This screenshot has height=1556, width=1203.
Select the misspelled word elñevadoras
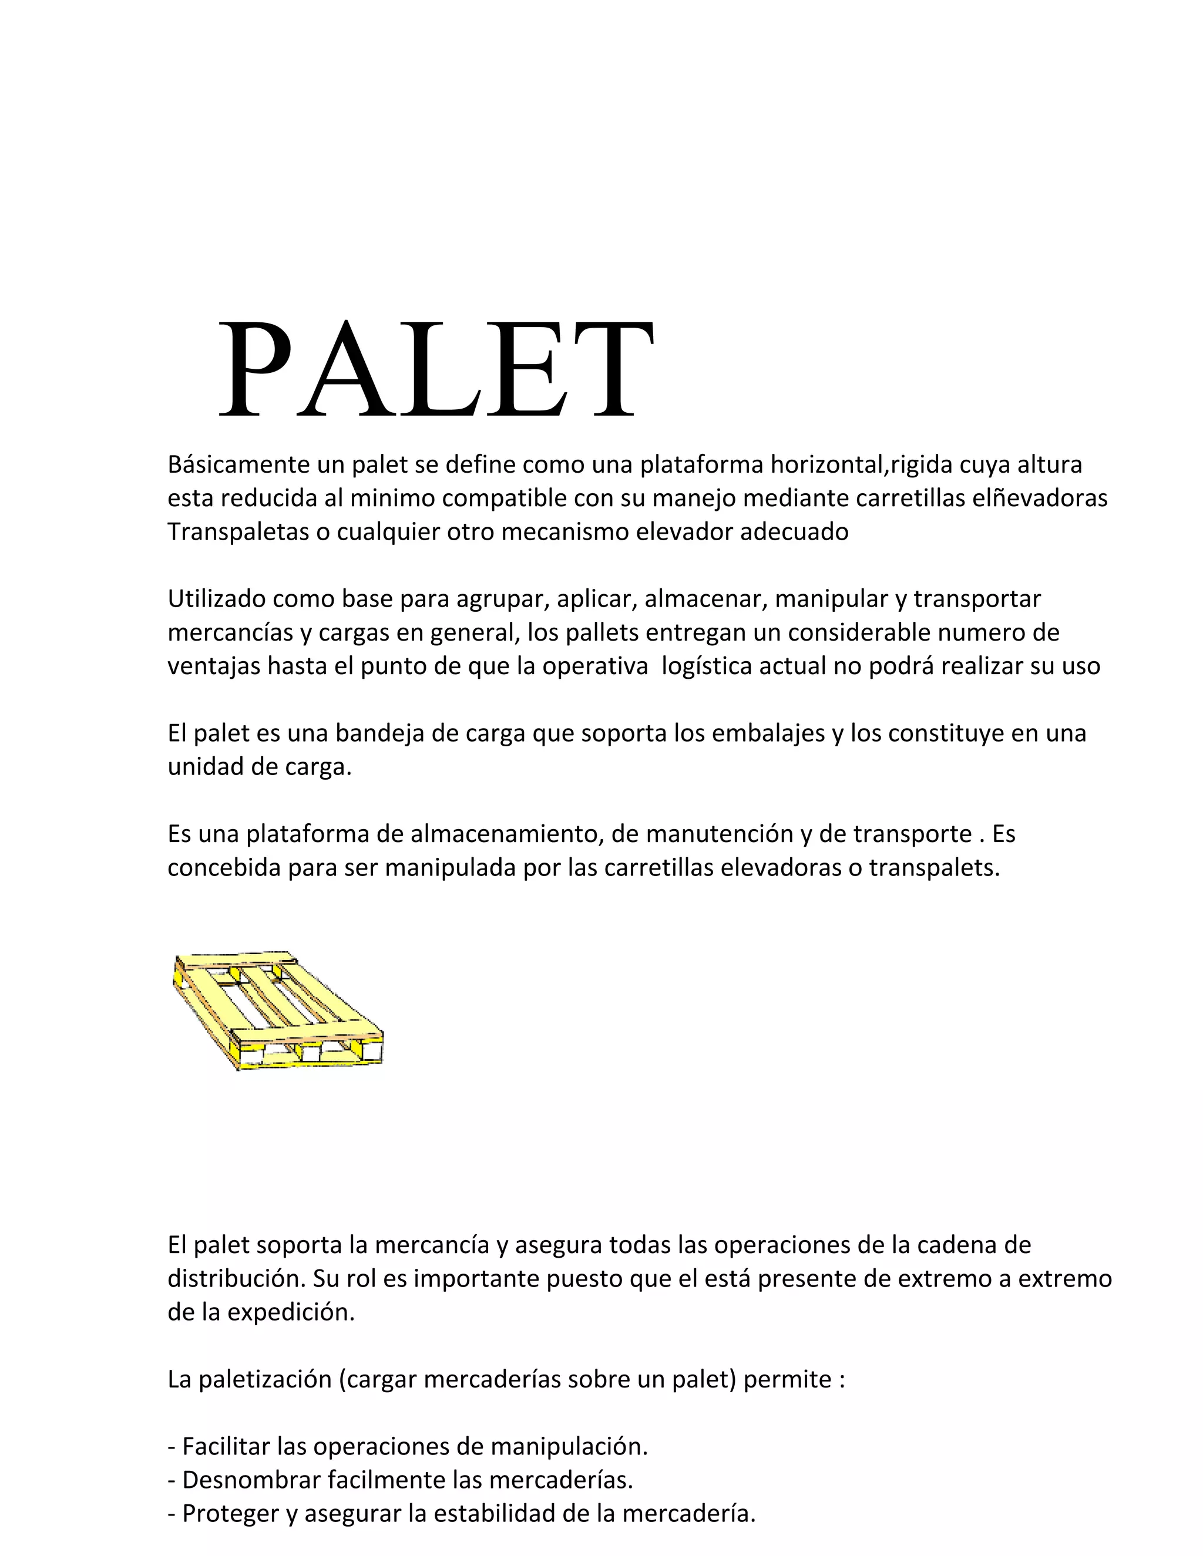point(1040,498)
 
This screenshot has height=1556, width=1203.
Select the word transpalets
point(933,868)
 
